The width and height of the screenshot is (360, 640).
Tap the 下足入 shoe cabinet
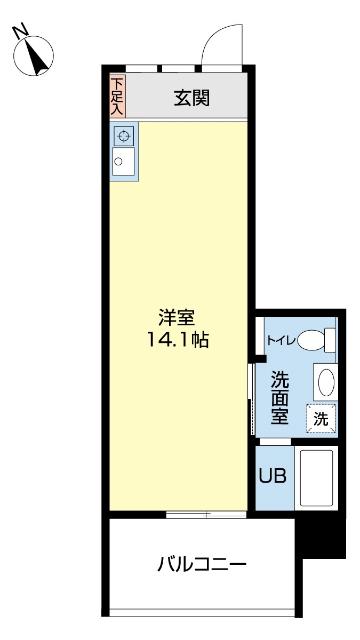(117, 97)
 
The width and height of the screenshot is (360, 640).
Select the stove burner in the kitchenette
(124, 136)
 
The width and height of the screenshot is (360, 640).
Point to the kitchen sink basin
(122, 161)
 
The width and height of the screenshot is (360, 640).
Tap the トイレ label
(279, 341)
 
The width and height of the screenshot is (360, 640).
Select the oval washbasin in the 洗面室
(326, 383)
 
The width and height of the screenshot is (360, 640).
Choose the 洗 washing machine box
(320, 420)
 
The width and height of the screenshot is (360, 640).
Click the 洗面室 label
(279, 398)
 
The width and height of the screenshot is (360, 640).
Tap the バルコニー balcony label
(201, 565)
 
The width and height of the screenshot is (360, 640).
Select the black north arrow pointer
(40, 57)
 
